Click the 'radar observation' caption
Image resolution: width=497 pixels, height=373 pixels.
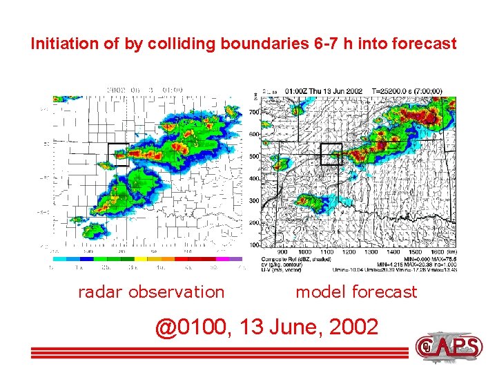(151, 291)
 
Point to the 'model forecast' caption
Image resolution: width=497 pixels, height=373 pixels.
(356, 291)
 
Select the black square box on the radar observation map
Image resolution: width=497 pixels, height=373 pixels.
(118, 153)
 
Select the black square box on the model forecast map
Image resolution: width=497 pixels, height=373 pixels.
(331, 153)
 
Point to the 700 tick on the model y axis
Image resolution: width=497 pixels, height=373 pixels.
(255, 111)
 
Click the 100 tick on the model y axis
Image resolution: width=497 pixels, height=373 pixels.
(255, 245)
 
